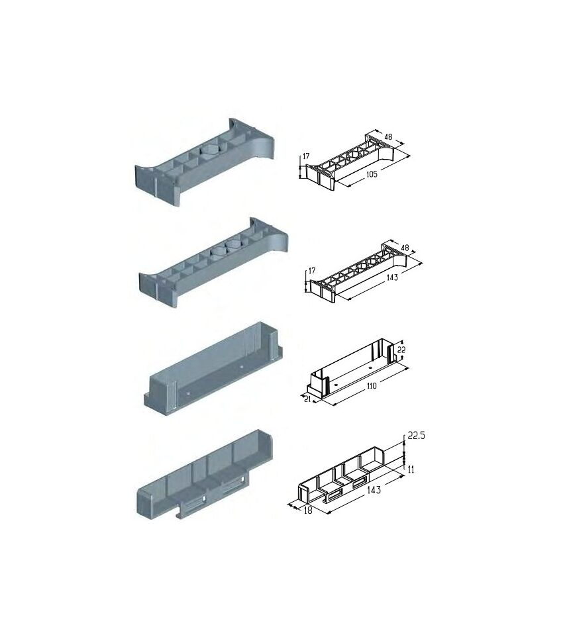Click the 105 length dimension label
pos(372,174)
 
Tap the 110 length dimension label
pos(372,385)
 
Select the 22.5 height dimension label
pos(416,436)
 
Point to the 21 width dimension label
pos(307,399)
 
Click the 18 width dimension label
pos(308,511)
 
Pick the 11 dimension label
pos(411,469)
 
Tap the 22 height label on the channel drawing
pos(401,350)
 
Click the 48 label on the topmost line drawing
pos(388,137)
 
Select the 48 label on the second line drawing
pos(405,248)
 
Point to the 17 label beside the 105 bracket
pos(306,156)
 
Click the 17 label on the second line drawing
pos(312,271)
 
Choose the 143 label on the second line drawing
pos(392,277)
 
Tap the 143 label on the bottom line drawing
pos(374,489)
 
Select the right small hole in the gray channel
pos(241,367)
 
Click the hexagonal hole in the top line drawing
pos(354,154)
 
